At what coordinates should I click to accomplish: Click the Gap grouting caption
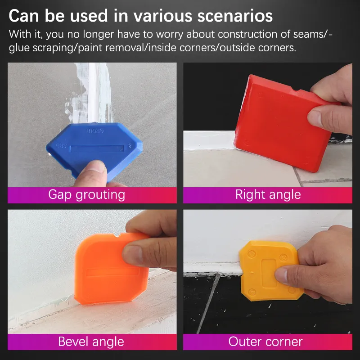coord(86,195)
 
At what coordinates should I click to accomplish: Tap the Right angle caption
coord(268,195)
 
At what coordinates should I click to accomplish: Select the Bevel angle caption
coord(91,342)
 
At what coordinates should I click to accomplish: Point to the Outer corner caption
coord(265,342)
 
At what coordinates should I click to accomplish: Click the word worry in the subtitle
coord(167,34)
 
